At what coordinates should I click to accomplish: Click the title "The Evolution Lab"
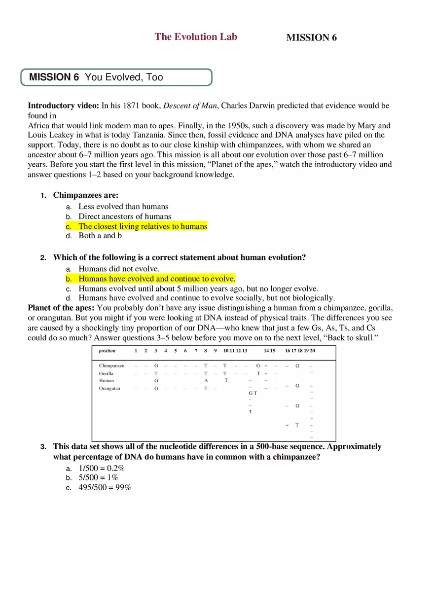pos(196,36)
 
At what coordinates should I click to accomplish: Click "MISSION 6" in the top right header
pos(311,37)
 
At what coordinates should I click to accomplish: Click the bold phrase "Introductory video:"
pos(63,106)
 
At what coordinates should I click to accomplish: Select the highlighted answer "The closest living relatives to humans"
pos(143,226)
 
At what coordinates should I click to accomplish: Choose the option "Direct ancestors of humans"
pos(125,217)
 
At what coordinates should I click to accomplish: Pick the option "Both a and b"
pos(100,236)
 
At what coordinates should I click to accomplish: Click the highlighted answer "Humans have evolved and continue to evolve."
pos(157,279)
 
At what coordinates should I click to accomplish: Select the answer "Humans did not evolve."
pos(119,269)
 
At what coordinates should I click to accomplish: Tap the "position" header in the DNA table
pos(107,351)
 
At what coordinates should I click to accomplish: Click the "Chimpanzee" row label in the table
pos(111,366)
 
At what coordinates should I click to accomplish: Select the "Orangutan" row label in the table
pos(109,389)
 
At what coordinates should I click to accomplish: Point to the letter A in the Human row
pos(206,381)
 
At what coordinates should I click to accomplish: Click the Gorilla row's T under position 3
pos(156,374)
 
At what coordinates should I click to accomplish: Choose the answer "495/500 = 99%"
pos(105,488)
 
